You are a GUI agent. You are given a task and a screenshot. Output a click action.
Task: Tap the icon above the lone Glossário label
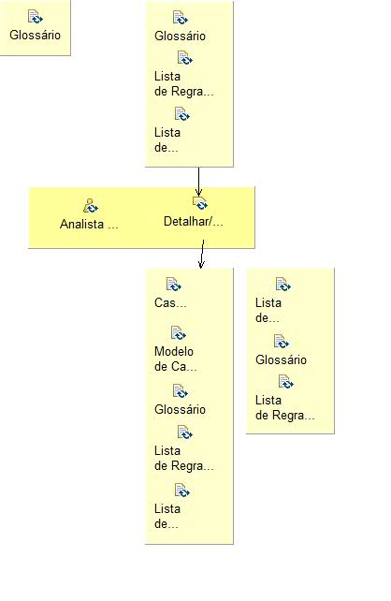(35, 17)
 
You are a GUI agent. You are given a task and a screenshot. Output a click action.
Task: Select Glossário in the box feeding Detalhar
(180, 36)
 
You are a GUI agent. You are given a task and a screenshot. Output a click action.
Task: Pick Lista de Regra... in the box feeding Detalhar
(183, 84)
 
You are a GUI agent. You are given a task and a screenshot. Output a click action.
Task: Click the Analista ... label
(89, 224)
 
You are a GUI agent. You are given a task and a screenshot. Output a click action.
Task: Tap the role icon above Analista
(91, 206)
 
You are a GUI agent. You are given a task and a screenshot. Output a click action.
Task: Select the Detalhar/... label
(193, 222)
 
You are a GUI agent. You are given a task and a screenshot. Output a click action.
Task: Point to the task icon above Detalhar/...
(199, 203)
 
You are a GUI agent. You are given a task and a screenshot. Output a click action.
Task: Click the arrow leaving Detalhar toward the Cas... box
(201, 254)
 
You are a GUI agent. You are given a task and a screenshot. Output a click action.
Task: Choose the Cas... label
(170, 302)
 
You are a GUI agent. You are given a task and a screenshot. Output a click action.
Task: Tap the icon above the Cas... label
(174, 284)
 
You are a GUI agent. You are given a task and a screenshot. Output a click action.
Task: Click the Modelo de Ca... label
(175, 359)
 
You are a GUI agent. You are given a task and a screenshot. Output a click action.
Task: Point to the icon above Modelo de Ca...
(179, 333)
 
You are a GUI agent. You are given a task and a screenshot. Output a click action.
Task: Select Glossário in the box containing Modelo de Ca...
(180, 409)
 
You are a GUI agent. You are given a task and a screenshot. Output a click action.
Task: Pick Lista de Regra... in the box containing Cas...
(183, 459)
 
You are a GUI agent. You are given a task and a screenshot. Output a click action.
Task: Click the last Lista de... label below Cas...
(167, 516)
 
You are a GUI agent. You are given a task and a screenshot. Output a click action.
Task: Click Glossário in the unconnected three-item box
(281, 359)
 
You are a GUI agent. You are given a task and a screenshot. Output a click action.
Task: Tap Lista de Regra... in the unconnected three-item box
(284, 408)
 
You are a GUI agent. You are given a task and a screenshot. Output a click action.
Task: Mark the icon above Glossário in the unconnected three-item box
(282, 342)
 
